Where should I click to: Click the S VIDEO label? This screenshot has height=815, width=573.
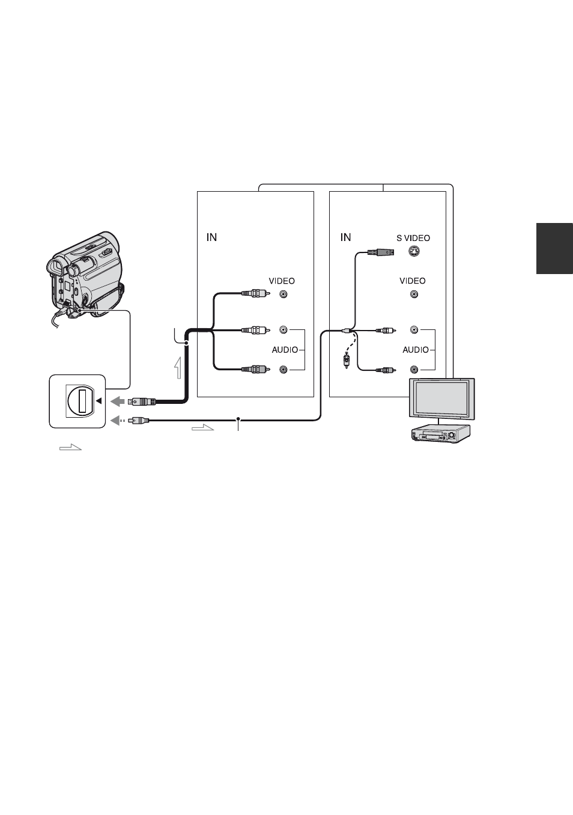413,238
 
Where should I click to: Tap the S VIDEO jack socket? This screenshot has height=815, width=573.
414,251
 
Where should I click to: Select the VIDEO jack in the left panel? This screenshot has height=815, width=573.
283,294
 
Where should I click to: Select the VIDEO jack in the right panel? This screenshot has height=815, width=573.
414,294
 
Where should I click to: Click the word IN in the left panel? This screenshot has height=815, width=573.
211,237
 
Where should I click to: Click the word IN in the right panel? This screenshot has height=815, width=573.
345,237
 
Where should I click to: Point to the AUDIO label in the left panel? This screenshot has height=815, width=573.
285,350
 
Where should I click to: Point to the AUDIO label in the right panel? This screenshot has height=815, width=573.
416,350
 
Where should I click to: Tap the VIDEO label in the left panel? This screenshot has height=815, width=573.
282,281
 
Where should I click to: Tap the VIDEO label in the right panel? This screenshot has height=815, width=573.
412,281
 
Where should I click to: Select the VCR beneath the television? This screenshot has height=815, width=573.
441,433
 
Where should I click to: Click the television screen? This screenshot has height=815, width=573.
441,398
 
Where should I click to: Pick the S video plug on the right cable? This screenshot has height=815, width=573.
381,252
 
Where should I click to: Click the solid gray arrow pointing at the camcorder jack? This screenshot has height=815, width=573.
118,401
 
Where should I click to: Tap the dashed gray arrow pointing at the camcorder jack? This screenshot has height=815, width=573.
118,421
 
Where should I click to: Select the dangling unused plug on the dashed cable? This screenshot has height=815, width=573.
347,360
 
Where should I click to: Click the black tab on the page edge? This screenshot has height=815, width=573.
554,248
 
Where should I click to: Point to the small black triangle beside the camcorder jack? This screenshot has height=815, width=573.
99,401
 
